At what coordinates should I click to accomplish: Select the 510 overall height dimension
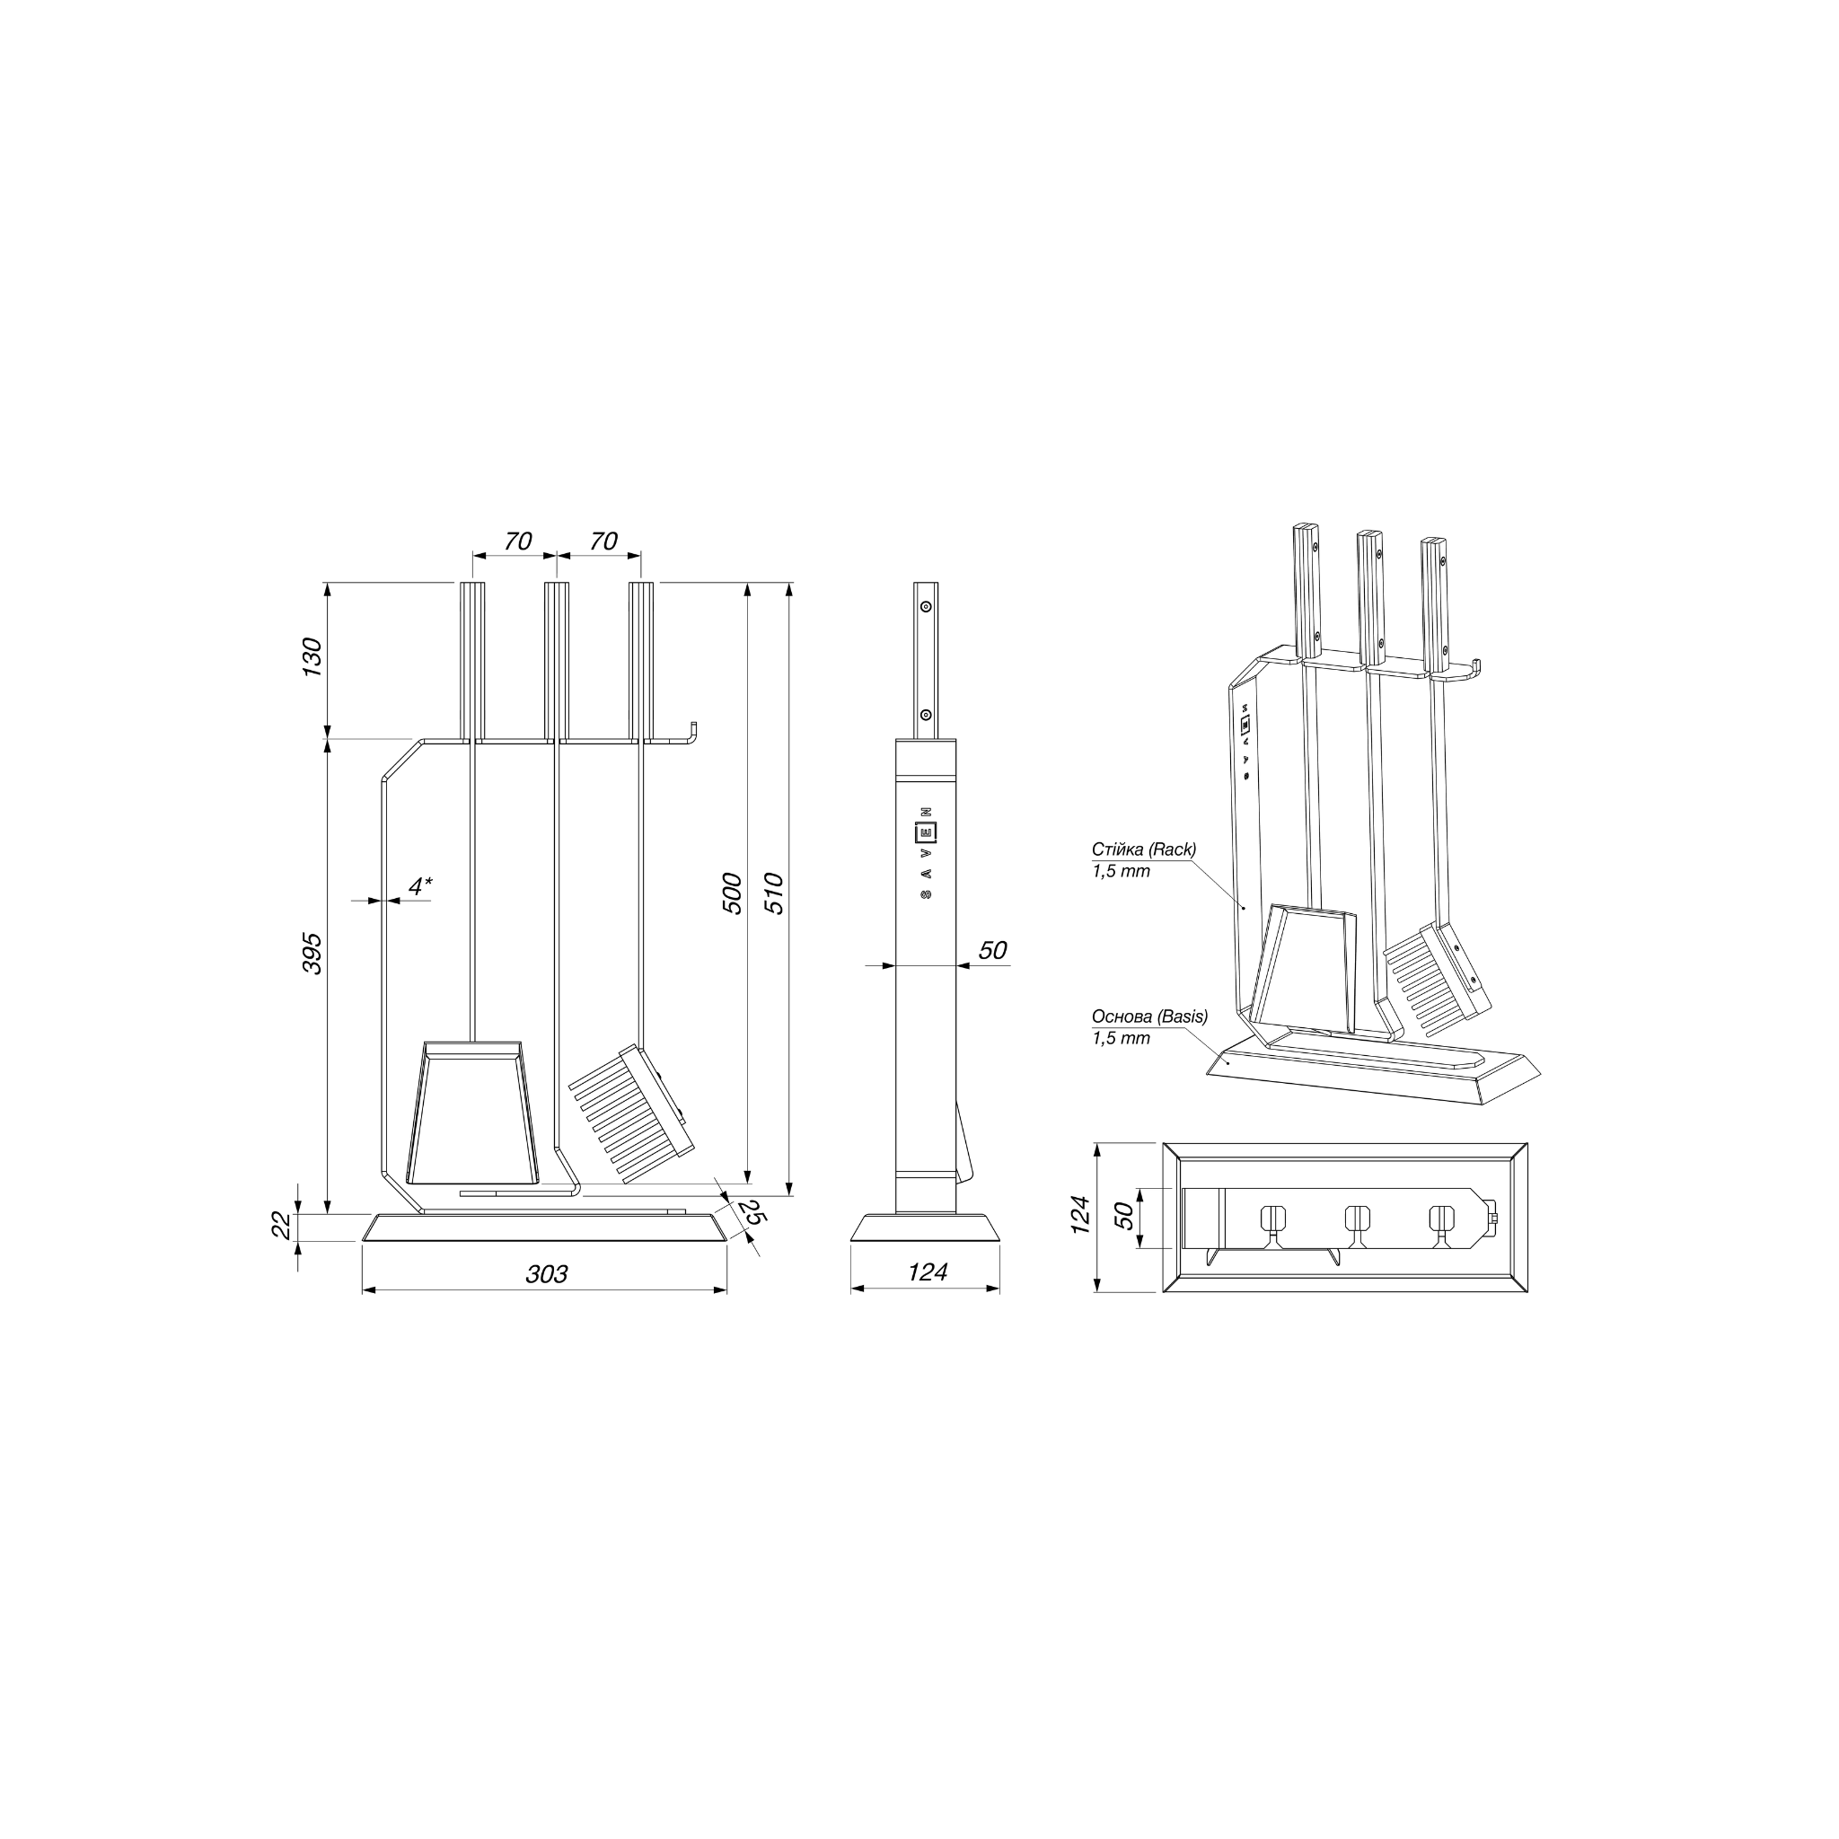774,893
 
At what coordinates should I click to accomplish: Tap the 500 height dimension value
732,893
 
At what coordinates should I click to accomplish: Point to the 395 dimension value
312,953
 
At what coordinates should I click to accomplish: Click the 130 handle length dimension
312,657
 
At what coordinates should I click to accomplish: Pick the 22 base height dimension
283,1225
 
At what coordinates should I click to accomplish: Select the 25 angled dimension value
752,1212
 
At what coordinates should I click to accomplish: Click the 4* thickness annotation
419,886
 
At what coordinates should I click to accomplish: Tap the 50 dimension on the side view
992,950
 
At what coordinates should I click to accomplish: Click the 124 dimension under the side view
927,1271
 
